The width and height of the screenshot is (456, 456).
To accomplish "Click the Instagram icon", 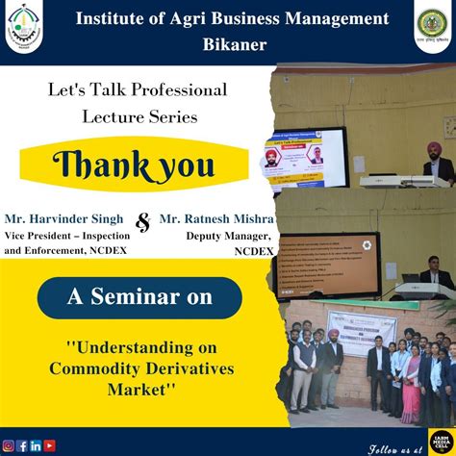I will click(x=9, y=445).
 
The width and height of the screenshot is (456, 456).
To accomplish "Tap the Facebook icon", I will click(x=22, y=445).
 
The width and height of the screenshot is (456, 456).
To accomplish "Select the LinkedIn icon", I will click(x=36, y=445).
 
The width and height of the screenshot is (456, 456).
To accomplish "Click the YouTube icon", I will click(x=49, y=445).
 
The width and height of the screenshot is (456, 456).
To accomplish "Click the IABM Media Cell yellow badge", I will click(x=442, y=441).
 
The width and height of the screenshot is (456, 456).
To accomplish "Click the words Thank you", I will click(x=133, y=165).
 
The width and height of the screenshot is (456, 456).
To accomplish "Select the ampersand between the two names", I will click(x=144, y=222).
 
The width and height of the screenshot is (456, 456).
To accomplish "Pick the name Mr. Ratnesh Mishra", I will click(x=216, y=218).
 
